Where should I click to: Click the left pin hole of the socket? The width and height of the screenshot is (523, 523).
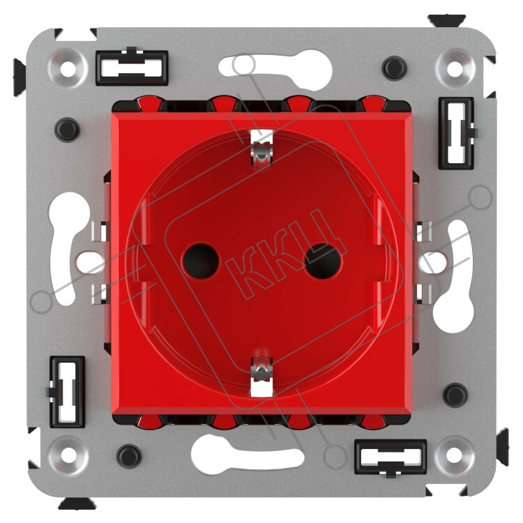point(201,261)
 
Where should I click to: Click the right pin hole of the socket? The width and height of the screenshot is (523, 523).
point(324,261)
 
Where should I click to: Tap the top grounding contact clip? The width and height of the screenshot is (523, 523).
point(261,147)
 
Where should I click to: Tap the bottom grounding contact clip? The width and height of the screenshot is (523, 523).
point(261,377)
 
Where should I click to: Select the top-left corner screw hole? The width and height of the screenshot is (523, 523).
point(68,69)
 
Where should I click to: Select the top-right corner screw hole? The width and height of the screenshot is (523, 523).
point(453,69)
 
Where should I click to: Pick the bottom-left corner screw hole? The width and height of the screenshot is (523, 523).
point(69,455)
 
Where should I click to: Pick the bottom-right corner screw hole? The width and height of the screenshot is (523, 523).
point(454,455)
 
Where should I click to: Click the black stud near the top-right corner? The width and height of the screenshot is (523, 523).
point(394,68)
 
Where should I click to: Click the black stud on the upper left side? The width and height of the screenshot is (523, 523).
point(67,130)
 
